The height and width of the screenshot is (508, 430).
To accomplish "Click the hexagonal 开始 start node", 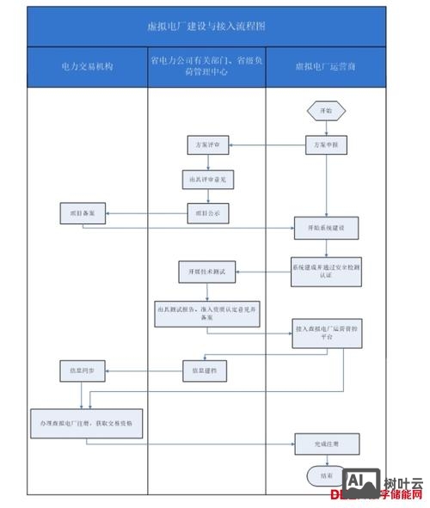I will [x=326, y=111].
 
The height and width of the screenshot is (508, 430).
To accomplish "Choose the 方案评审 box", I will [x=206, y=145].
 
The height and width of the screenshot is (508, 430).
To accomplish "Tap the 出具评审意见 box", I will [x=206, y=180].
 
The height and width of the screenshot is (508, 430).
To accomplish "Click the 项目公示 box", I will [x=206, y=211].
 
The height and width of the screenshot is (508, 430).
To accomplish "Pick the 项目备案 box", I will [x=83, y=211].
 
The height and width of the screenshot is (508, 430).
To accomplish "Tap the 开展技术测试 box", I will [x=206, y=271].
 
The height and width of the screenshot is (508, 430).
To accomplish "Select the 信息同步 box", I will [x=83, y=370].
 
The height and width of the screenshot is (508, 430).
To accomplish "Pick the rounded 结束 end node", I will [x=326, y=474].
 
